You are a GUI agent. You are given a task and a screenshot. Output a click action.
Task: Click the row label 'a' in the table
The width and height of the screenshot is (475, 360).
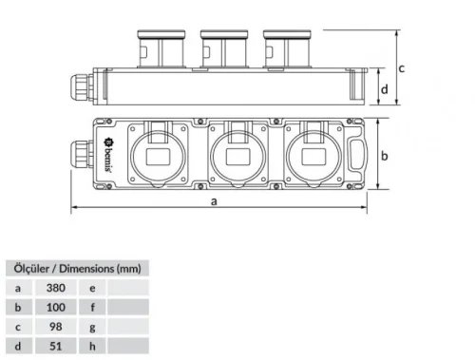click(17, 286)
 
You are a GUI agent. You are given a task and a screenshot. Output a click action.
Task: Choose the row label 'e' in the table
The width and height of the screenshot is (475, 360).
click(91, 286)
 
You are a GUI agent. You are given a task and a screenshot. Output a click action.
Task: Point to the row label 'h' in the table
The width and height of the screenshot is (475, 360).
click(91, 346)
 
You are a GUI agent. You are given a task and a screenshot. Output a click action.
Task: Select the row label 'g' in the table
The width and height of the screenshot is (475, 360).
click(91, 326)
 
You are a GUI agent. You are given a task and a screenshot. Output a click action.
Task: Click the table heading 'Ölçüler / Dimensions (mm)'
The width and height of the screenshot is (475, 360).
click(76, 267)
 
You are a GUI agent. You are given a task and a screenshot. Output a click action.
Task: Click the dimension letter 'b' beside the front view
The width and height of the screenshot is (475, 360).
click(385, 154)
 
